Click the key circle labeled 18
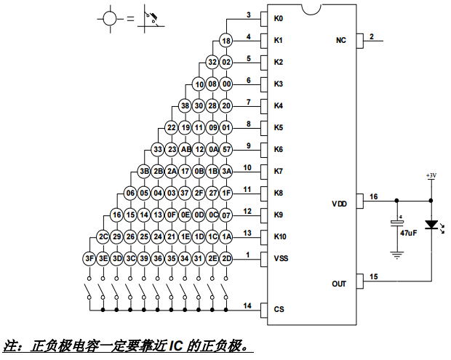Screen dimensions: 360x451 pos(226,41)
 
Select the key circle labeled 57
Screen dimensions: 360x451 pos(226,149)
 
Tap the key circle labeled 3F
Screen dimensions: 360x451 pos(89,258)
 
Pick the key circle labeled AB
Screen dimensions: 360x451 pos(185,149)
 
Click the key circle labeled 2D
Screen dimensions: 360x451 pos(226,258)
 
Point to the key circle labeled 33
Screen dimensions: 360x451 pos(158,149)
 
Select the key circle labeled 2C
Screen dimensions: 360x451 pos(103,236)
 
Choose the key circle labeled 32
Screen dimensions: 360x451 pos(212,63)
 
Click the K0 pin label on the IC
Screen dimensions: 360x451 pos(279,18)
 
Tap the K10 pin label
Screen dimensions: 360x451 pos(281,236)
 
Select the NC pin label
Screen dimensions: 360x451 pos(340,41)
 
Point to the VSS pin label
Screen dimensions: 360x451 pos(282,258)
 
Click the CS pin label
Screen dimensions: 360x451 pos(279,309)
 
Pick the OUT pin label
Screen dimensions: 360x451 pos(339,284)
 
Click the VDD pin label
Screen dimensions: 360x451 pos(339,204)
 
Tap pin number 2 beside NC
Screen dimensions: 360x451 pos(372,36)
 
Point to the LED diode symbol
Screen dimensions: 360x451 pos(432,227)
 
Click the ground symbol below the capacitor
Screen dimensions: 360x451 pos(396,254)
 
